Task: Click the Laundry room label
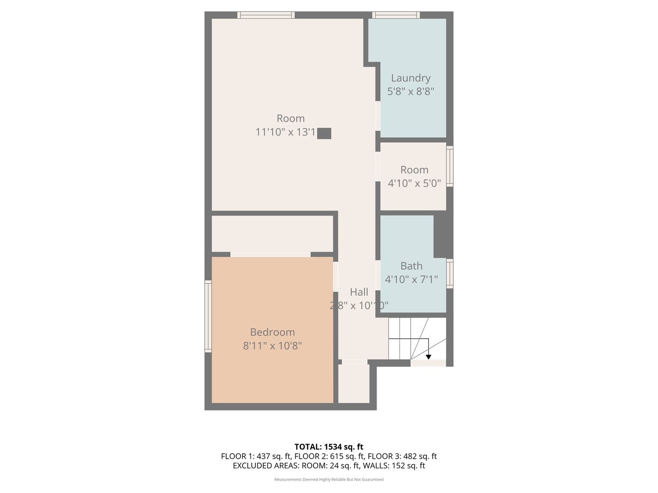point(410,78)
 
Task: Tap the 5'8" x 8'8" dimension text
point(410,91)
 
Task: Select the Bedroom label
point(272,332)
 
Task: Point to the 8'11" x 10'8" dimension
point(272,346)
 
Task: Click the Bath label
point(411,266)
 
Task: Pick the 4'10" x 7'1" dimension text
point(411,279)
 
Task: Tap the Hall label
point(359,292)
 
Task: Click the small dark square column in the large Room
point(324,133)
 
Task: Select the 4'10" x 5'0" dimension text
point(414,184)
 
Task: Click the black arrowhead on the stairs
point(429,357)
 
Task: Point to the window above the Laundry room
point(396,15)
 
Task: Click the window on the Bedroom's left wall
point(208,316)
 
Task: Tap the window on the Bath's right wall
point(450,273)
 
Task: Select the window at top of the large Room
point(266,15)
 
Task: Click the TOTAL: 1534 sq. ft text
point(329,447)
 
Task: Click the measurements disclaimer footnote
point(329,479)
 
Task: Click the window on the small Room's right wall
point(450,166)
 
